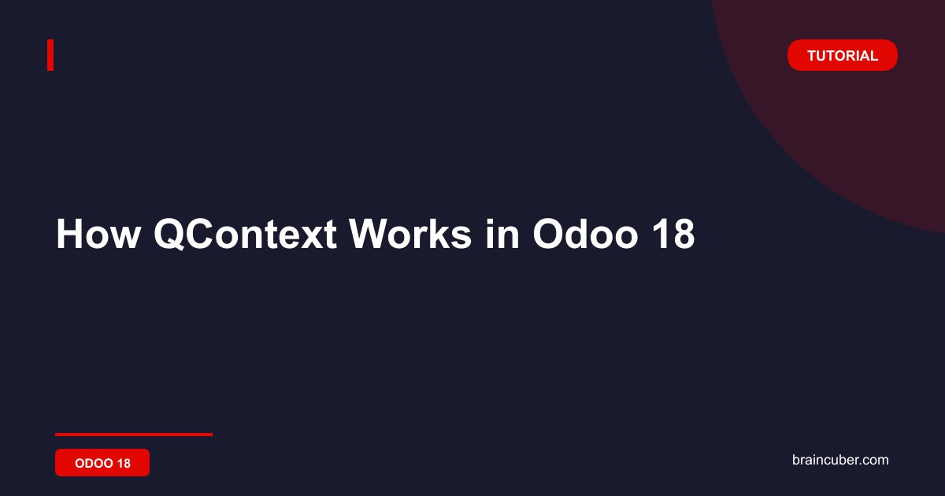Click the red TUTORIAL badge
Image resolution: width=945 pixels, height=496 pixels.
tap(842, 55)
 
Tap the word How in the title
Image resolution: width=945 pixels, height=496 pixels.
tap(98, 234)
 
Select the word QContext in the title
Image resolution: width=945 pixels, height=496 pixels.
tap(245, 234)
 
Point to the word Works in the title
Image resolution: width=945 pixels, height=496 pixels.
tap(409, 234)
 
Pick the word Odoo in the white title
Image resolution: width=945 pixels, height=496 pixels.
tap(585, 234)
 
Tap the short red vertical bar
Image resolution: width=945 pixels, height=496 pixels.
tap(50, 55)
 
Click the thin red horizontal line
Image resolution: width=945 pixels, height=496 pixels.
tap(134, 435)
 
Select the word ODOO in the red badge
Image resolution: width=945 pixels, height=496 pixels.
tap(94, 463)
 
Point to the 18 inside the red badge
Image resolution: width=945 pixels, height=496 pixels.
tap(124, 463)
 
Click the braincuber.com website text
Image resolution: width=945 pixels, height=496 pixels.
tap(840, 460)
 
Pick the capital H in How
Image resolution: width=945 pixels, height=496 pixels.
tap(70, 234)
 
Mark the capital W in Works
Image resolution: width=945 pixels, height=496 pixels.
tap(369, 234)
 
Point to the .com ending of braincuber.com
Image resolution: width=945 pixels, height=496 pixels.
tap(873, 460)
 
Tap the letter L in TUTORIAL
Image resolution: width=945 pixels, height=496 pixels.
tap(873, 56)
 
